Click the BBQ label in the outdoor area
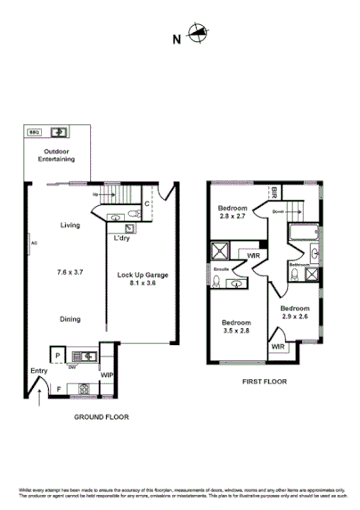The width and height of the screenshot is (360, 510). tap(35, 131)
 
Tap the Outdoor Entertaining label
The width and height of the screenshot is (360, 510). tap(55, 155)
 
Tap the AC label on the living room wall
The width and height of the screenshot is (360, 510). tap(33, 243)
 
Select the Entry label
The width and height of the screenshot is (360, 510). tap(37, 370)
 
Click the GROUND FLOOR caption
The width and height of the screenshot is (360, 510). tap(101, 415)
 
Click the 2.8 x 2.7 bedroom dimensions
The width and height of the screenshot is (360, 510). tap(235, 216)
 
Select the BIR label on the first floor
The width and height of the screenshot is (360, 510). tap(274, 193)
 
